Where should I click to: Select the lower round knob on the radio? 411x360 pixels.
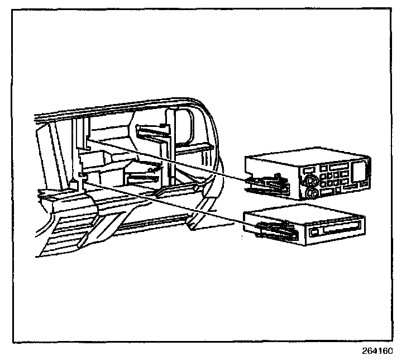click(x=313, y=193)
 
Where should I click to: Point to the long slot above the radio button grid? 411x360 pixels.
click(x=336, y=167)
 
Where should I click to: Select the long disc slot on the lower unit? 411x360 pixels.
click(x=341, y=229)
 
